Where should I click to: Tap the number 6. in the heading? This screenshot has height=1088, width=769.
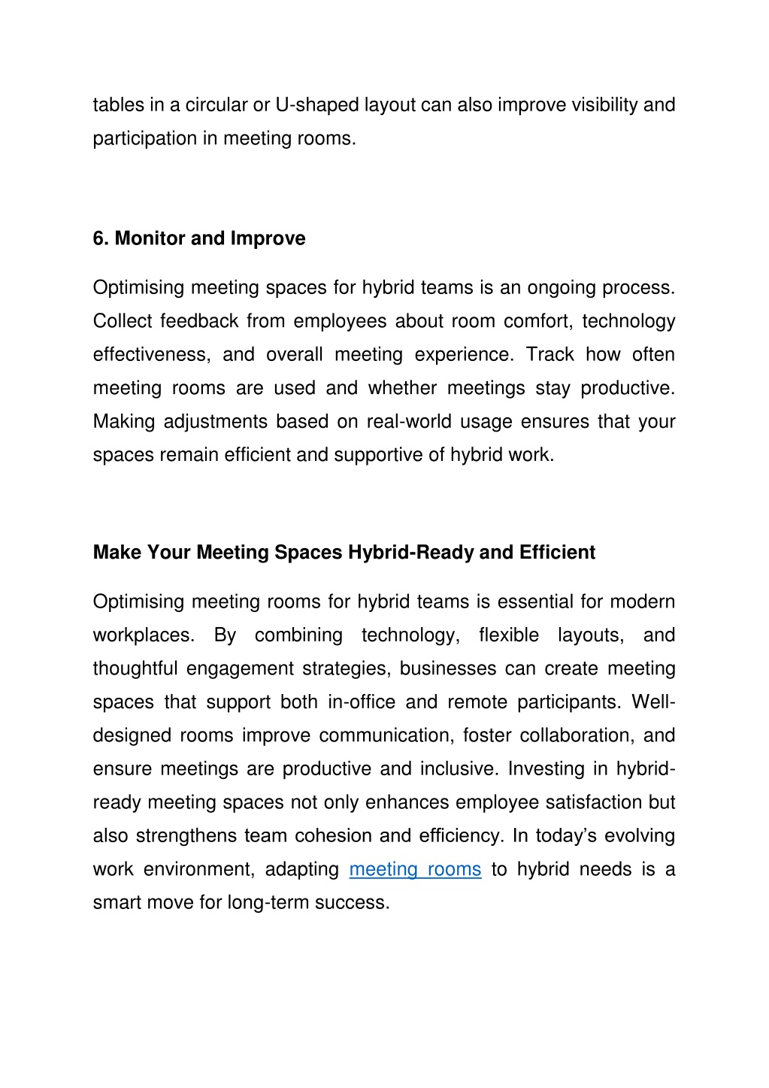[101, 238]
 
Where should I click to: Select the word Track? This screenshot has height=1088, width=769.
[550, 355]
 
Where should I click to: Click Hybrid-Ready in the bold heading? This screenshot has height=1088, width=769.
[410, 553]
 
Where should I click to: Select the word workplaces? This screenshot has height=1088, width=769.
[144, 635]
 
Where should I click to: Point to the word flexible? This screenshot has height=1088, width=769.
[508, 635]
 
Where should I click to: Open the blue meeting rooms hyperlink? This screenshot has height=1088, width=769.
[415, 870]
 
